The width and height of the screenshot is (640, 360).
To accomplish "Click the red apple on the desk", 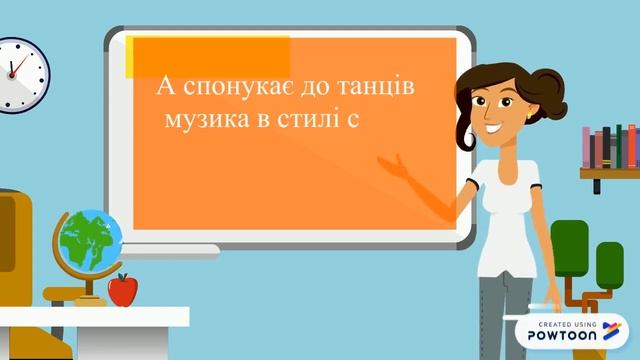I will [x=122, y=290].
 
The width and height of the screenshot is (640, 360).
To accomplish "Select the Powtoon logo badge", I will [x=573, y=334].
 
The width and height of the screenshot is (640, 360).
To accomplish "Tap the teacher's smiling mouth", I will [x=495, y=127].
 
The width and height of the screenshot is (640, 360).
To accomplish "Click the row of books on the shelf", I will [x=610, y=147].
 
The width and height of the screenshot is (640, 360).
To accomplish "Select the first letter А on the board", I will [x=164, y=88].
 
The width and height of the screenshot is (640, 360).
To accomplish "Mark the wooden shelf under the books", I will [x=608, y=173].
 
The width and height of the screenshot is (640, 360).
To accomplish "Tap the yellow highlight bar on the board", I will [x=209, y=55].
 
